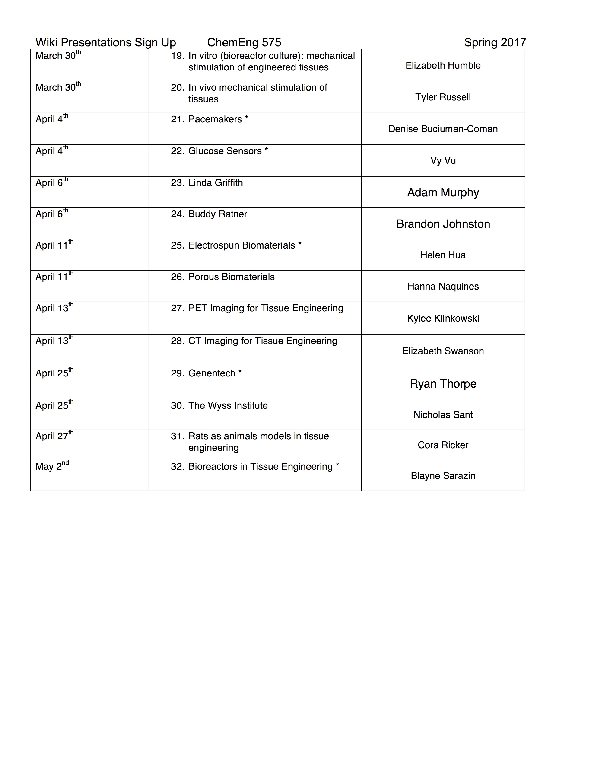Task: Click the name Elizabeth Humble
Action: (x=443, y=66)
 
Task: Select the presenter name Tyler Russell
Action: (x=443, y=97)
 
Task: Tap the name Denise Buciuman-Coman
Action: (x=443, y=129)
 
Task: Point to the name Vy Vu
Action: (x=443, y=161)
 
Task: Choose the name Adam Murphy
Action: (x=443, y=193)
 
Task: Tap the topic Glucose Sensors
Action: (x=225, y=151)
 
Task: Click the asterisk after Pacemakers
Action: (x=247, y=119)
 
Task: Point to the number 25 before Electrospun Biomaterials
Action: (x=177, y=245)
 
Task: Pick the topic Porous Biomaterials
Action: (x=232, y=277)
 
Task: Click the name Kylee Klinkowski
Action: (x=443, y=318)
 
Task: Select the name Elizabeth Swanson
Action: (x=443, y=351)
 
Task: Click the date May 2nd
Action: (x=52, y=466)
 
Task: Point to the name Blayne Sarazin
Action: (x=443, y=476)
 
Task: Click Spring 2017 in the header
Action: (x=495, y=42)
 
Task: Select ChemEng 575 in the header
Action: (x=244, y=42)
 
